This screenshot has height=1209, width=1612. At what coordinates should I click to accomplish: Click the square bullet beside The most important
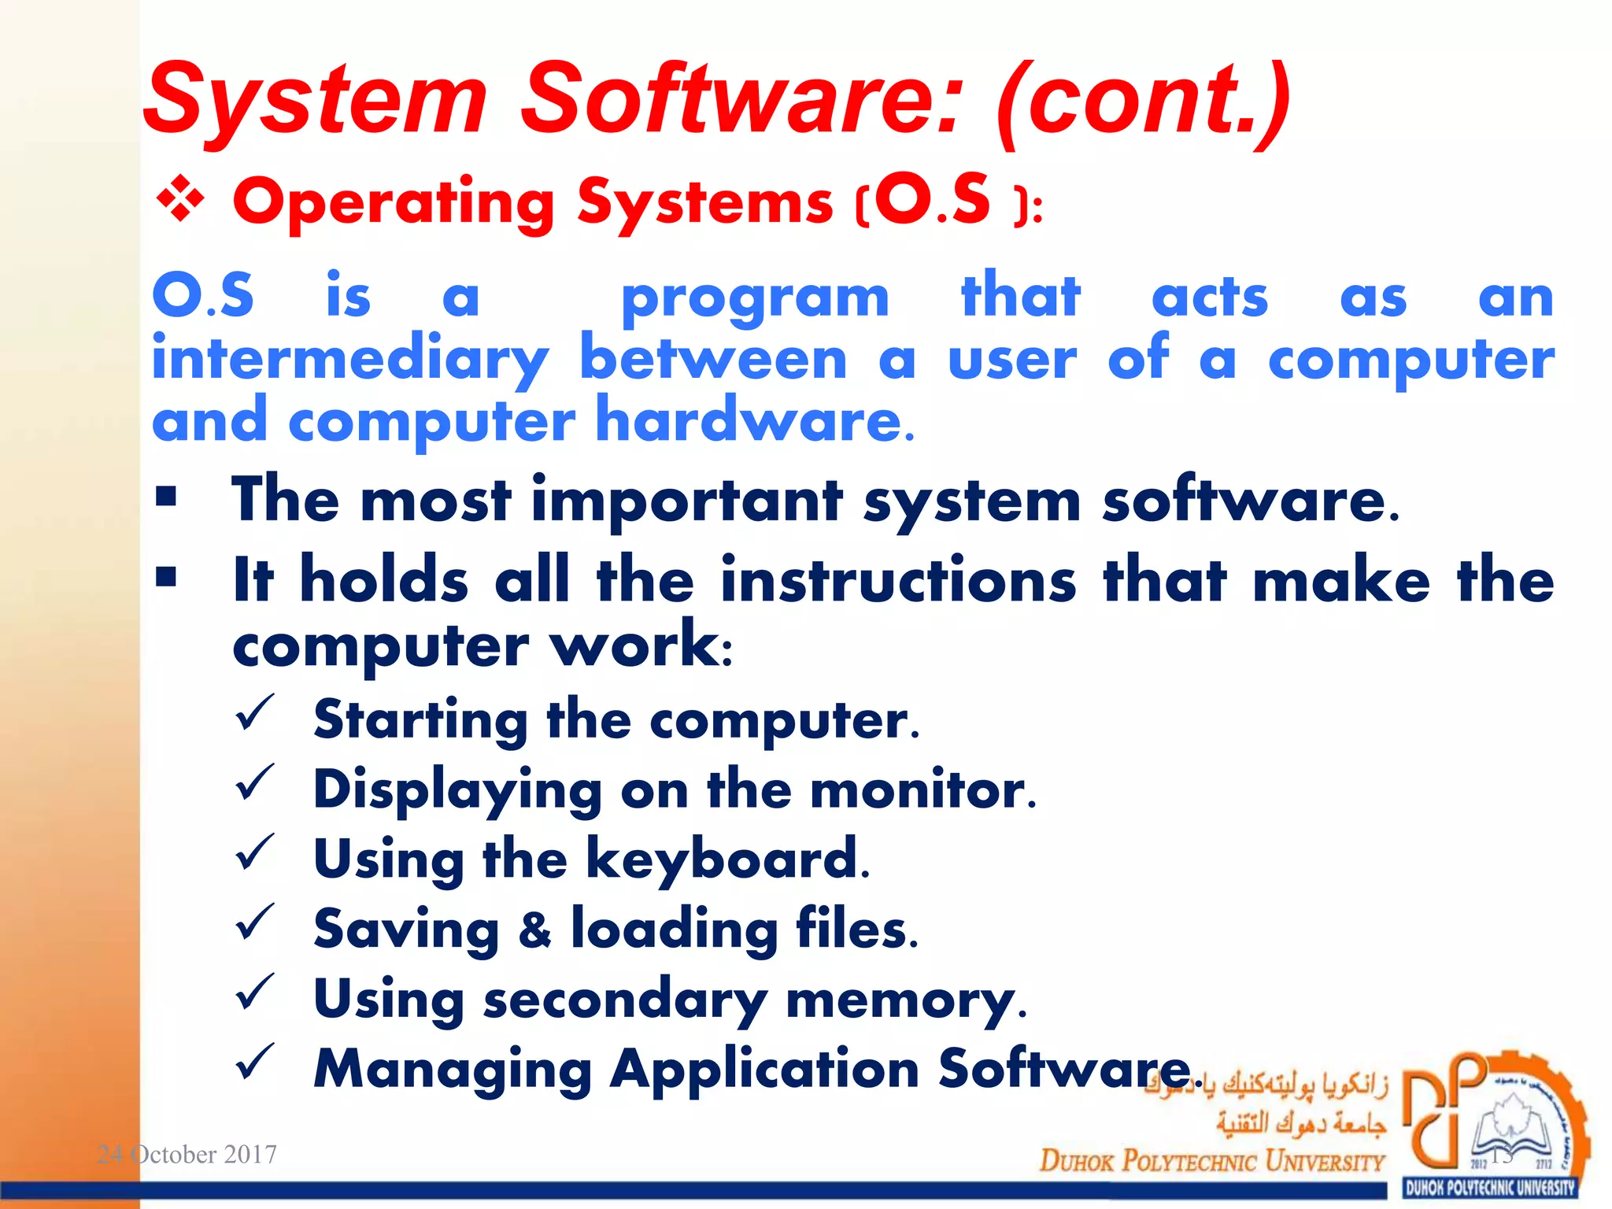tap(166, 497)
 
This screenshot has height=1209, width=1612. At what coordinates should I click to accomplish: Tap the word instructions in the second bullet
tap(898, 580)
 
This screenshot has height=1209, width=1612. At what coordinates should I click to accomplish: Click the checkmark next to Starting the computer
tap(254, 712)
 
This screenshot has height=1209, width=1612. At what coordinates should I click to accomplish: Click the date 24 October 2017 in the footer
tap(187, 1154)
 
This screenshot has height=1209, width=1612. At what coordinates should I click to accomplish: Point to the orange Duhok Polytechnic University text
tap(1211, 1160)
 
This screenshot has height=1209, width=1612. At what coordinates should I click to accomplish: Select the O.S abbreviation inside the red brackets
tap(933, 201)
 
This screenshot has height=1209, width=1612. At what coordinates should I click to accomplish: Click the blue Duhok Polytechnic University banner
tap(1490, 1188)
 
